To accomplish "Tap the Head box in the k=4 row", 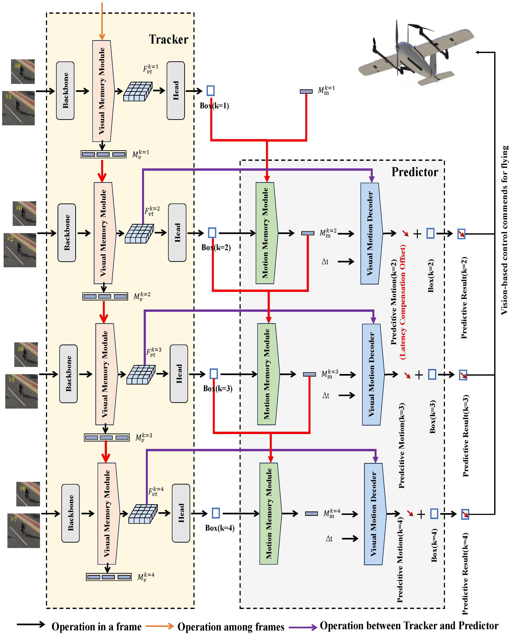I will pos(181,513).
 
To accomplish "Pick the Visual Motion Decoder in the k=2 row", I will pos(371,233).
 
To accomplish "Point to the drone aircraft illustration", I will pos(415,54).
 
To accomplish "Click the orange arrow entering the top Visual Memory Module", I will pos(102,21).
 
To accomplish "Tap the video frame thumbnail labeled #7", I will pos(24,530).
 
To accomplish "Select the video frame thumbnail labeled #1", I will pos(18,108).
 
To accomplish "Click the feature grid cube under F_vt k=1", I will pos(138,92).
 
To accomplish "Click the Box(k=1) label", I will pos(214,106).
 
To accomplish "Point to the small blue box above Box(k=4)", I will pos(216,513).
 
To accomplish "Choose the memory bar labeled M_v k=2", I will pos(105,296).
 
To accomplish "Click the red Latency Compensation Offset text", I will pos(403,302).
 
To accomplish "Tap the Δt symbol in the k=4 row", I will pos(329,539).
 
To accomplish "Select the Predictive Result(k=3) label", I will pos(465,436).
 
